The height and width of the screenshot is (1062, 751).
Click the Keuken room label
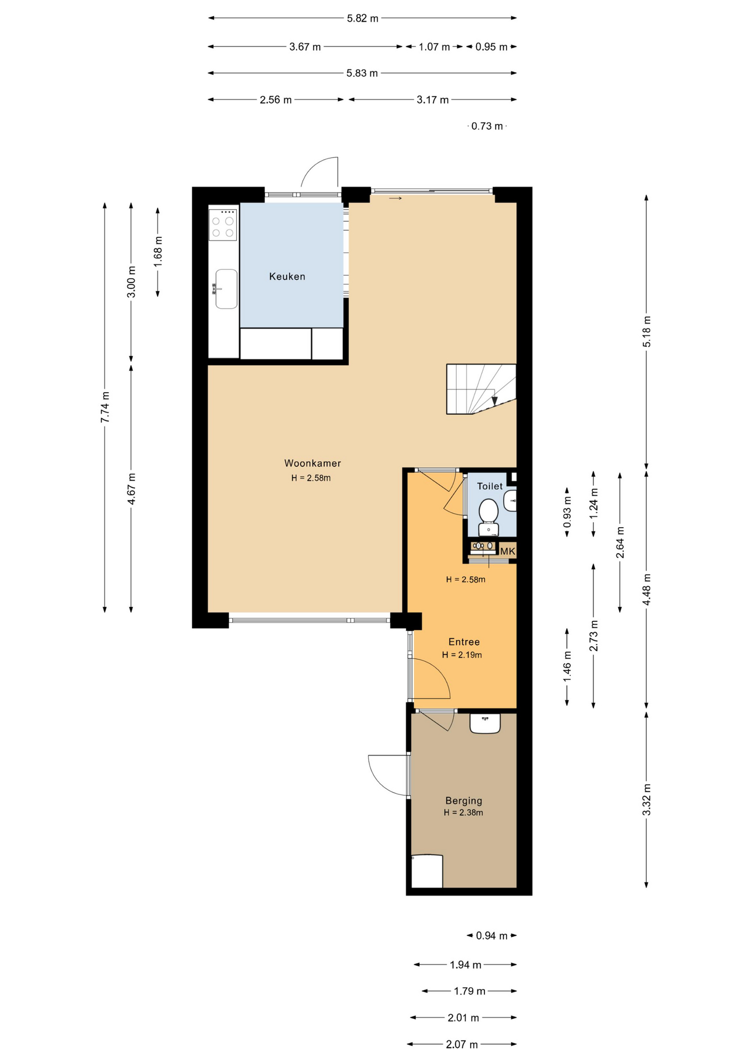(287, 277)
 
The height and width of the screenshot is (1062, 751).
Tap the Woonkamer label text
(312, 464)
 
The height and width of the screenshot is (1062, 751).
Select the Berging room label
(463, 800)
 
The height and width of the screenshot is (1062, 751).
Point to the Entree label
(464, 642)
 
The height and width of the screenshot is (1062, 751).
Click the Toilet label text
(490, 486)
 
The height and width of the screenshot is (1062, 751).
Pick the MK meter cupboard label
(508, 551)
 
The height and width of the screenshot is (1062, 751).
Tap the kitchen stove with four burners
(223, 224)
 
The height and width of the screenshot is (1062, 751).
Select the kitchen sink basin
(226, 289)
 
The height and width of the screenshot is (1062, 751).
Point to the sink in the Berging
(485, 723)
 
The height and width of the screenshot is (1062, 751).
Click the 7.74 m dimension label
(105, 407)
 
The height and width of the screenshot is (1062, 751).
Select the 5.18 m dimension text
(646, 332)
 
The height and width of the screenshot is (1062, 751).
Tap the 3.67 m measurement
(305, 47)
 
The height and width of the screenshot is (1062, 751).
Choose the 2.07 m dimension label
(462, 1044)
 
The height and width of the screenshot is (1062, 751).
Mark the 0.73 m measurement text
(487, 126)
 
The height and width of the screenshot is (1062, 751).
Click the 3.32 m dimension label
(646, 799)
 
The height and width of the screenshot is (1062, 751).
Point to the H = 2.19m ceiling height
(462, 655)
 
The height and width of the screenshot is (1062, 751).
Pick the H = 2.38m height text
(463, 813)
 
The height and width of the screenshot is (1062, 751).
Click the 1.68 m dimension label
(158, 252)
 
